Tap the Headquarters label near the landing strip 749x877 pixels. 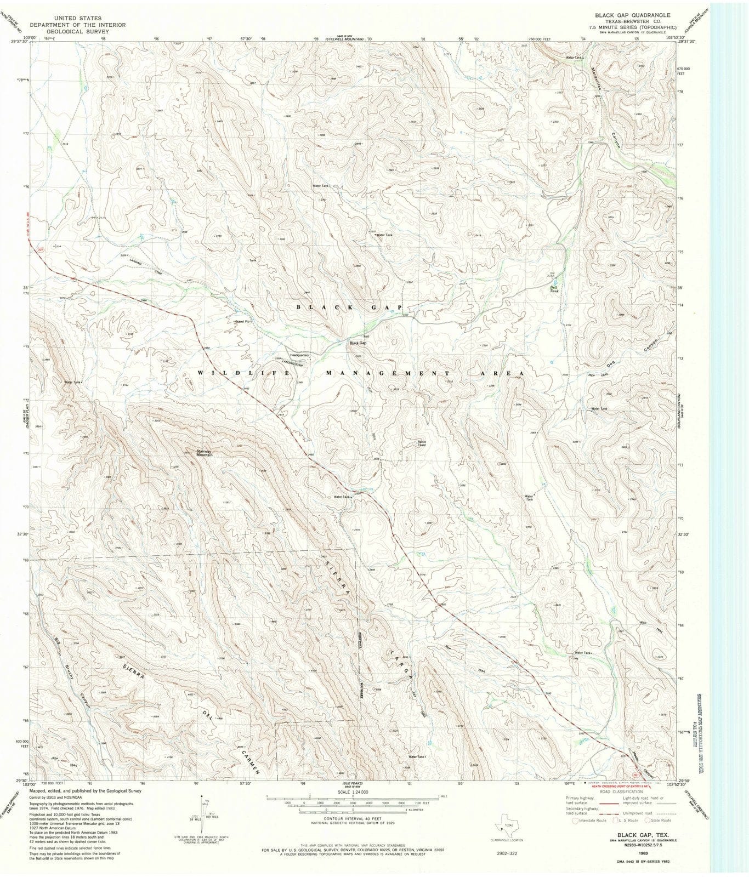[297, 355]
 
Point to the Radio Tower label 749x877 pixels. [422, 443]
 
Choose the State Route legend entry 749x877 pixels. [658, 821]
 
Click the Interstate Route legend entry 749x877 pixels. [589, 821]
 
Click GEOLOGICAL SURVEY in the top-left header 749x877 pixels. [77, 31]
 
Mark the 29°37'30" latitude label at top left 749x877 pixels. [18, 41]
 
